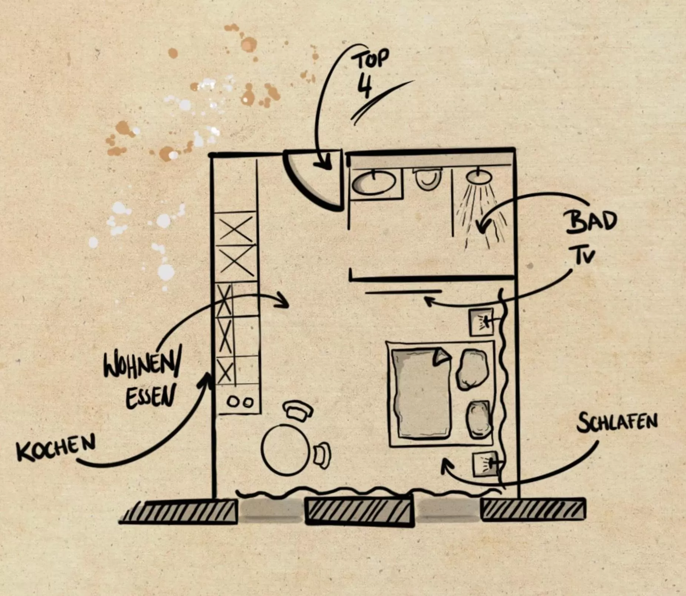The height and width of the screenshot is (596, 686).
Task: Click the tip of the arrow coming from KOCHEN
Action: point(209,374)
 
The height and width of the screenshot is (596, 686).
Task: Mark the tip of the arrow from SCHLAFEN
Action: point(445,459)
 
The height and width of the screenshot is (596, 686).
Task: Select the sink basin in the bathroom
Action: point(374,183)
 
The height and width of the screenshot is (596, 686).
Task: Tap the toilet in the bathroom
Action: point(428,179)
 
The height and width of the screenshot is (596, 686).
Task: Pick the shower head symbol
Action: point(479,176)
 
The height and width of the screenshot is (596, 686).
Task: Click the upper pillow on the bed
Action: point(472,369)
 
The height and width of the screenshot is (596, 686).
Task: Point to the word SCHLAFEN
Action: point(617,422)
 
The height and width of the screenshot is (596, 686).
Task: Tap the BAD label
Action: point(591,222)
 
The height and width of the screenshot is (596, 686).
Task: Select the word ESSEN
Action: point(150,396)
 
